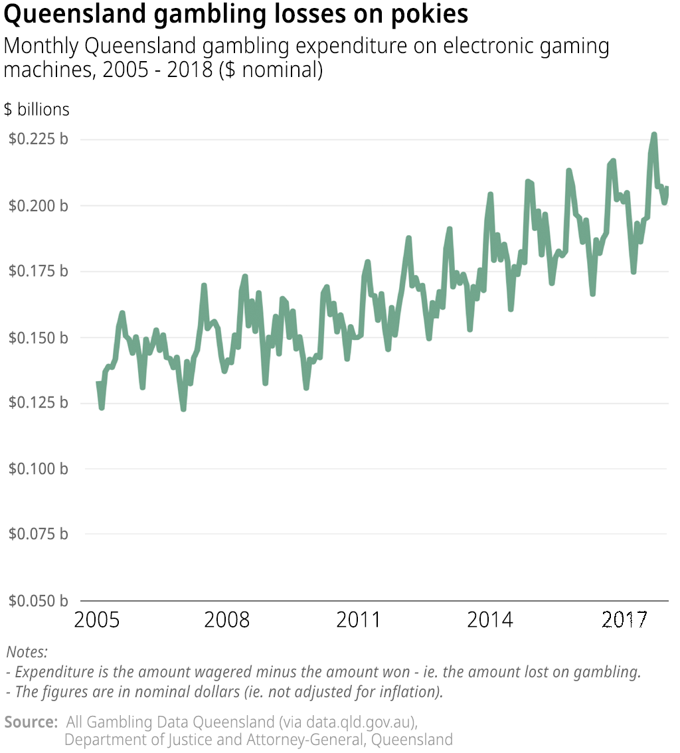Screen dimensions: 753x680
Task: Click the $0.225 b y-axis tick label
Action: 38,139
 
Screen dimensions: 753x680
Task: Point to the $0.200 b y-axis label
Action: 38,206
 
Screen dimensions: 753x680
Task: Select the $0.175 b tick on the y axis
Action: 38,272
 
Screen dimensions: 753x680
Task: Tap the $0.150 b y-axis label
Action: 38,338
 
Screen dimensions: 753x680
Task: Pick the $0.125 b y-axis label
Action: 38,403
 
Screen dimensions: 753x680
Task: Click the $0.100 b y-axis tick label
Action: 38,469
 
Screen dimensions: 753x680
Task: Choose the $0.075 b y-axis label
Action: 38,534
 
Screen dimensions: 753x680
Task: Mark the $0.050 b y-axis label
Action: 38,600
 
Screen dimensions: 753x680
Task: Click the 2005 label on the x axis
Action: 97,620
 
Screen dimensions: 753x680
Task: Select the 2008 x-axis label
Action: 227,620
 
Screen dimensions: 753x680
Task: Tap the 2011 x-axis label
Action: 359,620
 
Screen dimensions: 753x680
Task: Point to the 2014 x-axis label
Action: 490,620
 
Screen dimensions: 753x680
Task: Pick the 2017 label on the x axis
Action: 624,620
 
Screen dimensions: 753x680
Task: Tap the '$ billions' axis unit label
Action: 37,109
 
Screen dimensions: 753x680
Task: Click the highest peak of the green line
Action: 654,135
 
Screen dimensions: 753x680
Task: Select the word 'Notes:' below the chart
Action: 27,651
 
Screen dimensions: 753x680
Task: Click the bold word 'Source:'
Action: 31,722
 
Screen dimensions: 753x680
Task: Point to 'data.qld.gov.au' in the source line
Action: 361,722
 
